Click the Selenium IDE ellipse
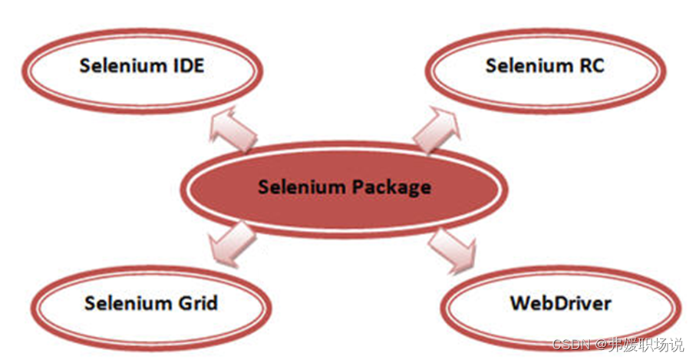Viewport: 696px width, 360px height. tap(142, 67)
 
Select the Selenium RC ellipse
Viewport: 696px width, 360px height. tap(545, 67)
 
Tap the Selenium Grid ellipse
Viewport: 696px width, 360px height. tap(151, 303)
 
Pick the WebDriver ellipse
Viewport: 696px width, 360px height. tap(560, 303)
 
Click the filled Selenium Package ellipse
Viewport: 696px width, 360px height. tap(344, 187)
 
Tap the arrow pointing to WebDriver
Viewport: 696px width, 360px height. tap(452, 249)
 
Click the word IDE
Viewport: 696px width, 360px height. tap(185, 65)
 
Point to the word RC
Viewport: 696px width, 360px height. tap(589, 65)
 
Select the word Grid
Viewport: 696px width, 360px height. tap(196, 303)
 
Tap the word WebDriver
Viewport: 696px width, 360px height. tap(560, 303)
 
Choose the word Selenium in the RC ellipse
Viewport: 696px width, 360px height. tap(525, 65)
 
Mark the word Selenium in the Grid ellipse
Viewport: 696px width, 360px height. tap(126, 303)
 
